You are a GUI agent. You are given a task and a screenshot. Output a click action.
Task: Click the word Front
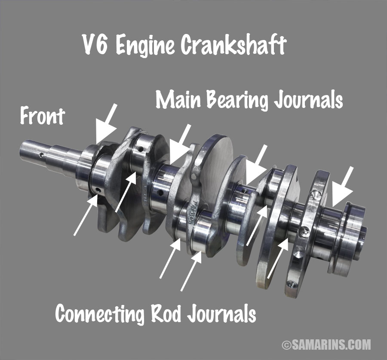pyautogui.click(x=42, y=116)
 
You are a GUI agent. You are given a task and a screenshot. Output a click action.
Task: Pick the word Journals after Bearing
pyautogui.click(x=308, y=100)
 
